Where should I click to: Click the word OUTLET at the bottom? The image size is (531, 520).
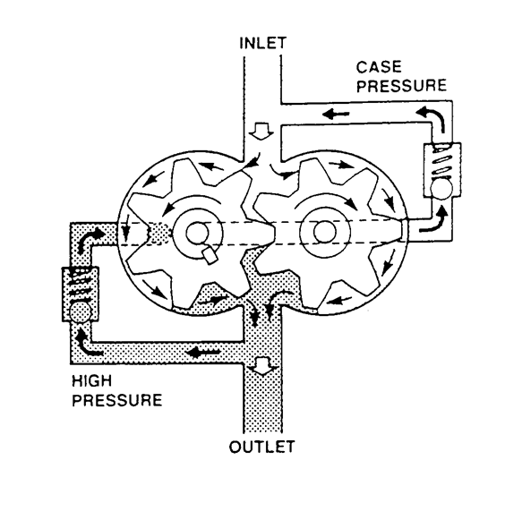pos(262,445)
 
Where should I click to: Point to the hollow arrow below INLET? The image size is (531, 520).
pos(259,131)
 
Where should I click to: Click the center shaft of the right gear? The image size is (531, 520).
pos(321,229)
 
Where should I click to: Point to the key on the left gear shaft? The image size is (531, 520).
pos(211,255)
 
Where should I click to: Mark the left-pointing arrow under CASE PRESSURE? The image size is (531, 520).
pos(336,114)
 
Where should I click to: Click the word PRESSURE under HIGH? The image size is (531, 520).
pos(115,400)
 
